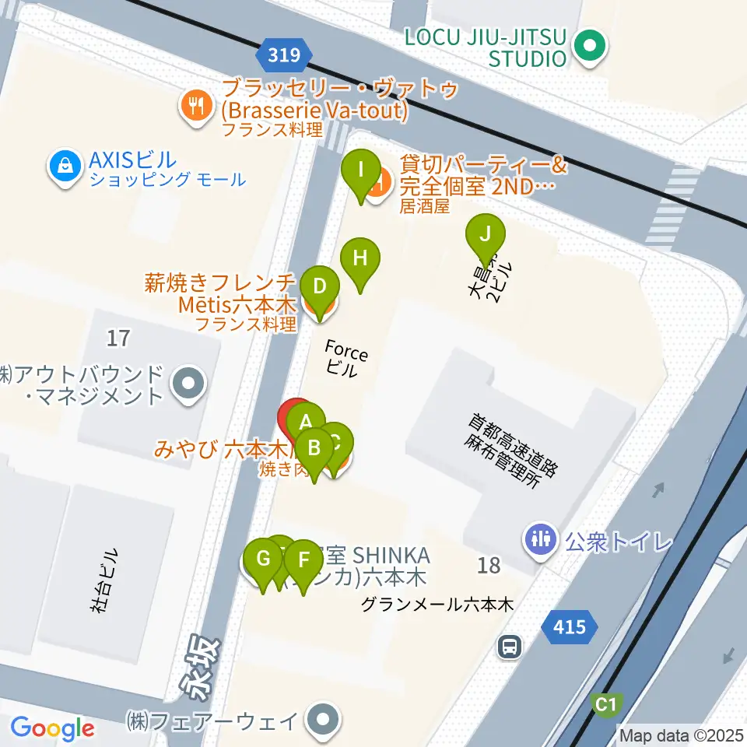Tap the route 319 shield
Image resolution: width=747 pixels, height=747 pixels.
284,54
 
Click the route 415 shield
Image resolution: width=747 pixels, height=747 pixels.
570,626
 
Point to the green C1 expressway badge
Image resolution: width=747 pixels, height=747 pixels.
607,705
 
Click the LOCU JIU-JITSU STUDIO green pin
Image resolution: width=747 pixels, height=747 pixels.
589,46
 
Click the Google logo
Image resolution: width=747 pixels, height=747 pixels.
52,728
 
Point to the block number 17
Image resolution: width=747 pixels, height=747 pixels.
119,338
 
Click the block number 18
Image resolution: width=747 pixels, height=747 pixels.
489,566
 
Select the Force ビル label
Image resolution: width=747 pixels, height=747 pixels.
345,359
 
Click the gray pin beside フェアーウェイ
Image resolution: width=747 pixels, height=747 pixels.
322,721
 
